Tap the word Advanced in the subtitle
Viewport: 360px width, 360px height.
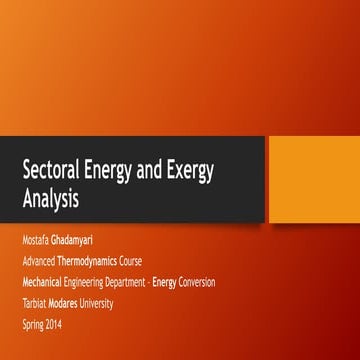(40, 260)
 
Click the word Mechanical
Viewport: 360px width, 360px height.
(42, 282)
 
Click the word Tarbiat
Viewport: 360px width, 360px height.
(34, 303)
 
